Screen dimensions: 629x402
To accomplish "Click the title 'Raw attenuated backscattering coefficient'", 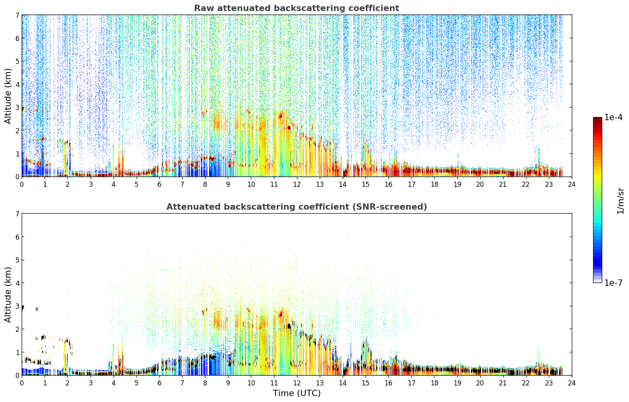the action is (x=297, y=8).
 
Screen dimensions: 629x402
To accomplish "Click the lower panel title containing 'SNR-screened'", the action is (x=297, y=207).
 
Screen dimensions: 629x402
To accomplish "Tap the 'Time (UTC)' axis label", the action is (x=297, y=393).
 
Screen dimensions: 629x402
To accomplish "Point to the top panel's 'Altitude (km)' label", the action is (x=8, y=96).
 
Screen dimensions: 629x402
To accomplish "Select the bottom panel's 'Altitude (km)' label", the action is (x=8, y=295).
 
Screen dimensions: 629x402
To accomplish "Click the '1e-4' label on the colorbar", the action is (x=613, y=117).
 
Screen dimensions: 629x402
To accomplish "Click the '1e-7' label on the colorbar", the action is (x=613, y=283).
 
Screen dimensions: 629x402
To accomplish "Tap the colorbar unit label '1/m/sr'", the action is (x=620, y=201).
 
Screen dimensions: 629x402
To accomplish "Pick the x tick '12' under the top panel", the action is (x=297, y=184).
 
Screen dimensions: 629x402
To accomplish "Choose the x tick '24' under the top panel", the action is (x=572, y=184).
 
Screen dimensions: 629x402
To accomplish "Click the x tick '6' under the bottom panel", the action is (x=159, y=383).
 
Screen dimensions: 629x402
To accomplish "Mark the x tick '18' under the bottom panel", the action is (x=435, y=383).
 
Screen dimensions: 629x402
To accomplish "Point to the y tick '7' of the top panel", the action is (x=17, y=15).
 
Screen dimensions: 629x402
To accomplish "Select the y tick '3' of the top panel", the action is (x=17, y=107).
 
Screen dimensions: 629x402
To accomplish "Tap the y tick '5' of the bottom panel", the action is (x=17, y=260).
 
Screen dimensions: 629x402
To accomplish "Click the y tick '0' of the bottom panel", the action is (x=17, y=375).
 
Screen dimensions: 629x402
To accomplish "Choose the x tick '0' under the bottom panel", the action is (x=22, y=383).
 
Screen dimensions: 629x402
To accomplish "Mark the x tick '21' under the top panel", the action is (x=503, y=184).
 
